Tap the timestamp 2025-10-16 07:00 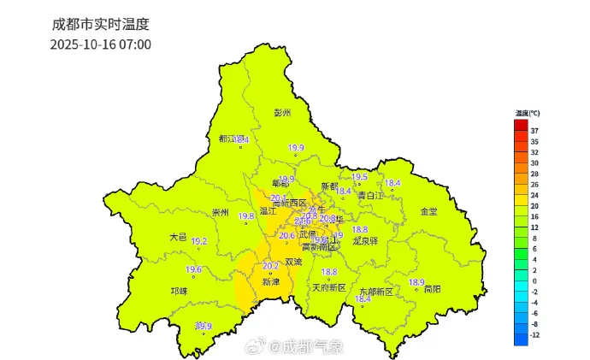coord(100,44)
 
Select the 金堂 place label coord(428,211)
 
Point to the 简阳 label coord(432,290)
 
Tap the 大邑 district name coord(177,237)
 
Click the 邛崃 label coord(179,291)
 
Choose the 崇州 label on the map coord(221,212)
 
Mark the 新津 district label coord(271,281)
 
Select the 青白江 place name coord(371,195)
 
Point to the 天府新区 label coord(328,287)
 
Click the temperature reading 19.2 coord(199,241)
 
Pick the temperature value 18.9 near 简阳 coord(416,282)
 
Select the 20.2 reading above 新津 coord(270,266)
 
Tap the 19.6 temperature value coord(194,270)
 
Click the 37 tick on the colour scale coord(534,131)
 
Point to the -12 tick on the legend coord(535,335)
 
